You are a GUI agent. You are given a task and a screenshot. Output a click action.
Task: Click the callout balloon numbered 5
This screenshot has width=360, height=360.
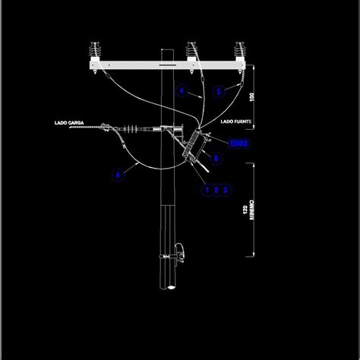[218, 91]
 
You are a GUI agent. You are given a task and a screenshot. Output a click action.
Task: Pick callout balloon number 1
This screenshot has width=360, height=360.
[206, 190]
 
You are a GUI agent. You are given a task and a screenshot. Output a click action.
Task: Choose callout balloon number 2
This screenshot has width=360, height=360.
[216, 190]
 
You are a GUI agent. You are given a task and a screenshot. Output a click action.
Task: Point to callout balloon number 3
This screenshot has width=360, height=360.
[226, 190]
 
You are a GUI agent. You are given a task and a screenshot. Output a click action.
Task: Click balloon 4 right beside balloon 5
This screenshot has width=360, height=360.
[182, 91]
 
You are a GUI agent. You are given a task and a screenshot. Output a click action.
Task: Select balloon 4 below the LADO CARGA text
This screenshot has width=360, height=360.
[118, 175]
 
